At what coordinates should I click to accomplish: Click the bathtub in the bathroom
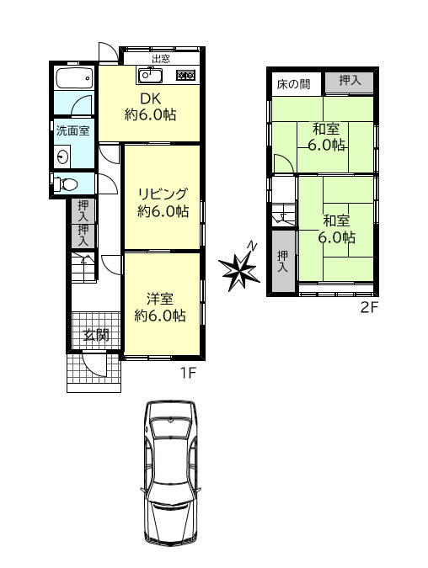coord(74,77)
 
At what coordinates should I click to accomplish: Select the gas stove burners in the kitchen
coord(185,75)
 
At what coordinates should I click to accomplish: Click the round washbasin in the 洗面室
coord(63,157)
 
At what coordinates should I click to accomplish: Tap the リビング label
coord(163,194)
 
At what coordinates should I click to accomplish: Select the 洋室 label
coord(160,299)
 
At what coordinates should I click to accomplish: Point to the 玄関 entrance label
coord(97,335)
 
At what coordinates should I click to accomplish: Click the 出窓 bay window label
coord(161,59)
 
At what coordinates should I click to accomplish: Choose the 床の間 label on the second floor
coord(293,84)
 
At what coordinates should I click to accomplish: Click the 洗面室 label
coord(72,130)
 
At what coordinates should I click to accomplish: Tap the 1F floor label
coord(188,372)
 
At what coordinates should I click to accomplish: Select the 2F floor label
coord(369,307)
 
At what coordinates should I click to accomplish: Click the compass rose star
coord(239,268)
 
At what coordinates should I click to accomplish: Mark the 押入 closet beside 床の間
coord(349,82)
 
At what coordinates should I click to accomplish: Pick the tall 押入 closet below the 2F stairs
coord(283,261)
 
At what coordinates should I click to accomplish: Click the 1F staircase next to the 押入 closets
coord(83,266)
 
